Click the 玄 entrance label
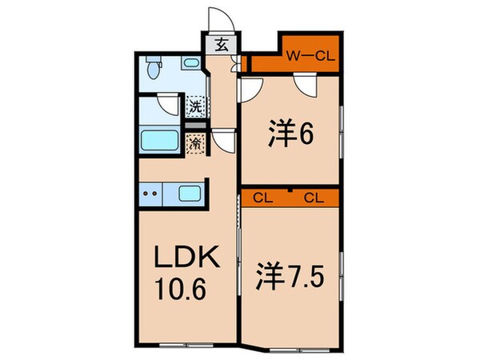221,45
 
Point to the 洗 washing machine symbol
194,104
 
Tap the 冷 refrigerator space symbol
194,144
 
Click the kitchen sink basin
190,193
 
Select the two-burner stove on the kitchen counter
149,193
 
